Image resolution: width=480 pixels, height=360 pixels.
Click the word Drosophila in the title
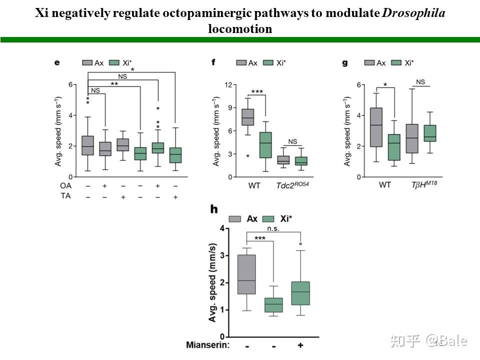[x=413, y=12]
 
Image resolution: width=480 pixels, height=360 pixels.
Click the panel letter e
[x=57, y=62]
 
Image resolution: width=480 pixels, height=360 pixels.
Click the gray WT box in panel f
[x=248, y=117]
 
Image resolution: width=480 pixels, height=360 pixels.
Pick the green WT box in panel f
[x=265, y=145]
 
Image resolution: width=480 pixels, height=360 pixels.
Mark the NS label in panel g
[x=420, y=82]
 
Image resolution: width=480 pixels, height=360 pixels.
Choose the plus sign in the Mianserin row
[x=300, y=345]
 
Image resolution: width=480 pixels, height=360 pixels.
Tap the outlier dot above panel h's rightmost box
[x=300, y=244]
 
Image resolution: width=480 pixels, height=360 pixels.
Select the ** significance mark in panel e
[x=114, y=84]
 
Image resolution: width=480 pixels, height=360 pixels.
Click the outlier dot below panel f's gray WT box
[x=248, y=156]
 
